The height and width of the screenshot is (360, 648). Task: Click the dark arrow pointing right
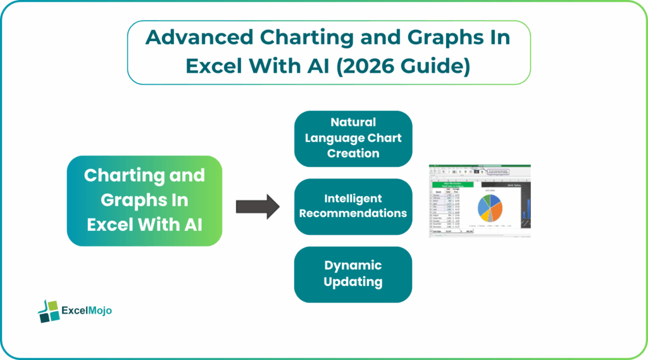(x=257, y=206)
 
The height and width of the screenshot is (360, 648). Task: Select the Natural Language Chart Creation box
(x=353, y=138)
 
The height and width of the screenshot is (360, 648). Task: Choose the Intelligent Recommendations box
(x=353, y=206)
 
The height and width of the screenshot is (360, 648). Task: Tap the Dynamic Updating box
(x=353, y=274)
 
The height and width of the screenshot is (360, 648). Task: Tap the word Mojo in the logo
(x=99, y=311)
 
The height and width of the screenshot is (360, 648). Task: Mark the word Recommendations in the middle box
(x=353, y=213)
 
